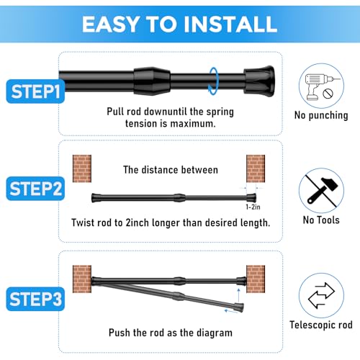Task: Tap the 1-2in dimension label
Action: click(252, 206)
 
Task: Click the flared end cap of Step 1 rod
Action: click(259, 74)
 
